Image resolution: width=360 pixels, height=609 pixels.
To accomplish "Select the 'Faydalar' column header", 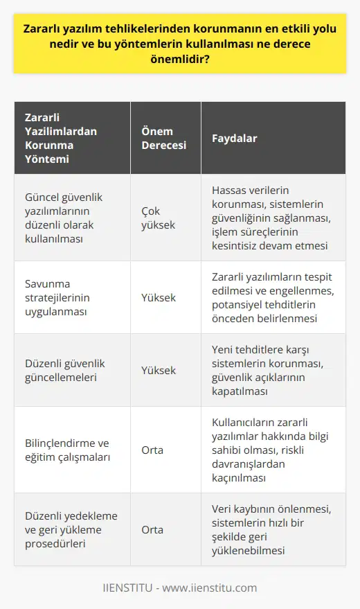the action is tap(234, 138).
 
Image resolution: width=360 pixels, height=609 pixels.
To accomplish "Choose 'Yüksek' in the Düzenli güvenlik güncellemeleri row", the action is tap(158, 370).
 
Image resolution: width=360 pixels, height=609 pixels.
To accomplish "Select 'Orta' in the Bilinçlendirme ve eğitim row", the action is tap(152, 450).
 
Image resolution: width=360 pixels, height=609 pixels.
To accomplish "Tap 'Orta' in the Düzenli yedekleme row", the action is tap(152, 529).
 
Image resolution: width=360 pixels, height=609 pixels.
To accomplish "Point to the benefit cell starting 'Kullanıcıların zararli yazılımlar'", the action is tap(273, 450).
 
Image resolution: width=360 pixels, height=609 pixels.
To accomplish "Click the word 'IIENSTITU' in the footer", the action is tap(128, 588).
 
